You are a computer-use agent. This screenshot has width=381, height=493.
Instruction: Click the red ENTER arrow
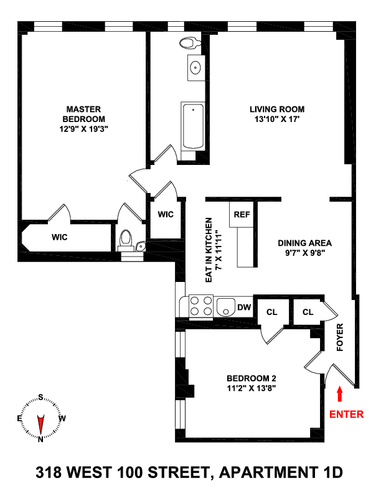click(339, 394)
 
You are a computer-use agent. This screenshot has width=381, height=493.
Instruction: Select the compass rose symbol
click(40, 419)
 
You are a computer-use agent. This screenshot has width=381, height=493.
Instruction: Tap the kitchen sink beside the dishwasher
click(225, 307)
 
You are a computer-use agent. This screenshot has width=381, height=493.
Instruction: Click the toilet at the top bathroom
click(188, 43)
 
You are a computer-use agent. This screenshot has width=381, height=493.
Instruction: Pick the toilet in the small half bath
click(126, 239)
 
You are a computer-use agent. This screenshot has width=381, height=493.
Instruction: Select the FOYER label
click(340, 337)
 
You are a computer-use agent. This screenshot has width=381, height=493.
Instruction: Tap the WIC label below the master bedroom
click(59, 237)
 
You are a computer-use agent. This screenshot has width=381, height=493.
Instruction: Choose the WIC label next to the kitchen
click(166, 214)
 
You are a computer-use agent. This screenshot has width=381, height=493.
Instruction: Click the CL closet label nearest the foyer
click(308, 312)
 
